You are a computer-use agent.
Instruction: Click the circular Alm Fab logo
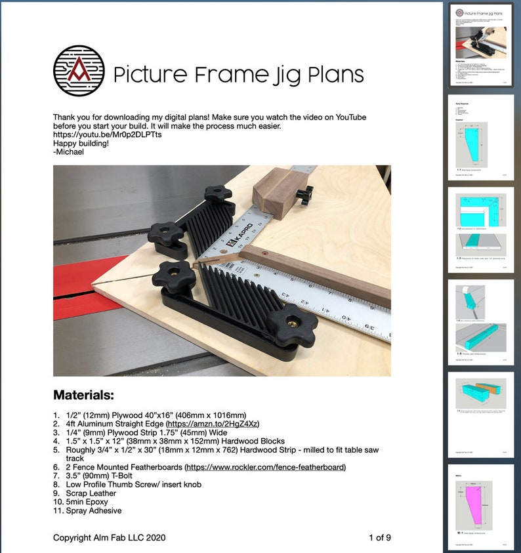(78, 71)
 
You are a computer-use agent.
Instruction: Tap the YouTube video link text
(108, 134)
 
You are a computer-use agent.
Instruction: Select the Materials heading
(83, 395)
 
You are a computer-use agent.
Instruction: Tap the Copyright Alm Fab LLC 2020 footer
(109, 538)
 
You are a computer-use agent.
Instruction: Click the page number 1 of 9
(380, 538)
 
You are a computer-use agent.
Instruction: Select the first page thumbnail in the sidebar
(481, 45)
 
